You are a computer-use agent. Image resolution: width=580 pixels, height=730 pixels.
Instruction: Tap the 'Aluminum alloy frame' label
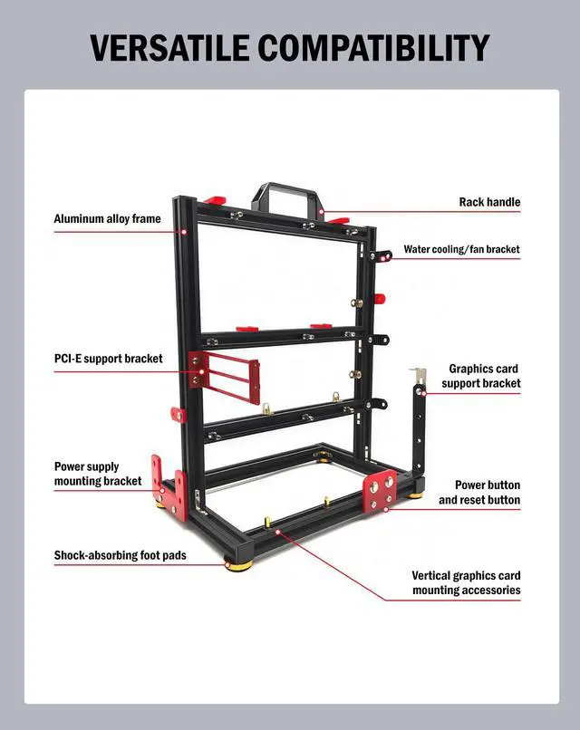point(107,218)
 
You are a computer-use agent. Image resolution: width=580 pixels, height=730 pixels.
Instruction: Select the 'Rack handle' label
point(489,202)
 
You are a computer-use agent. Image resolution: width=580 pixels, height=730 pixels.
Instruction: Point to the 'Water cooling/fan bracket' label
point(461,249)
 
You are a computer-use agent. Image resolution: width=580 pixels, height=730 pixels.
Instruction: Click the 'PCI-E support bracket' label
point(108,359)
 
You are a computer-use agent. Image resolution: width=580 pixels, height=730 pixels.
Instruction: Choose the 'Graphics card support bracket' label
point(482,376)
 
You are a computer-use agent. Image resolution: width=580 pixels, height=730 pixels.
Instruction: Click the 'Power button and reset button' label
point(479,492)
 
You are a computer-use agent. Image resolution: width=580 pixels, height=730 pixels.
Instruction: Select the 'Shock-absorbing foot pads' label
point(120,554)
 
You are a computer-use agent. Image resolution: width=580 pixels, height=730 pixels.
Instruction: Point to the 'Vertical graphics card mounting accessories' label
point(466,582)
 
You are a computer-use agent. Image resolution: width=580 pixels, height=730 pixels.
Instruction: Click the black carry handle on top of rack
point(286,195)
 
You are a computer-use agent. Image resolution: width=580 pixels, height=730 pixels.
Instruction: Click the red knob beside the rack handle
point(214,200)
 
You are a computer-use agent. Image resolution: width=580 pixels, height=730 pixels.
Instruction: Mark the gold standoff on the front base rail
point(268,523)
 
